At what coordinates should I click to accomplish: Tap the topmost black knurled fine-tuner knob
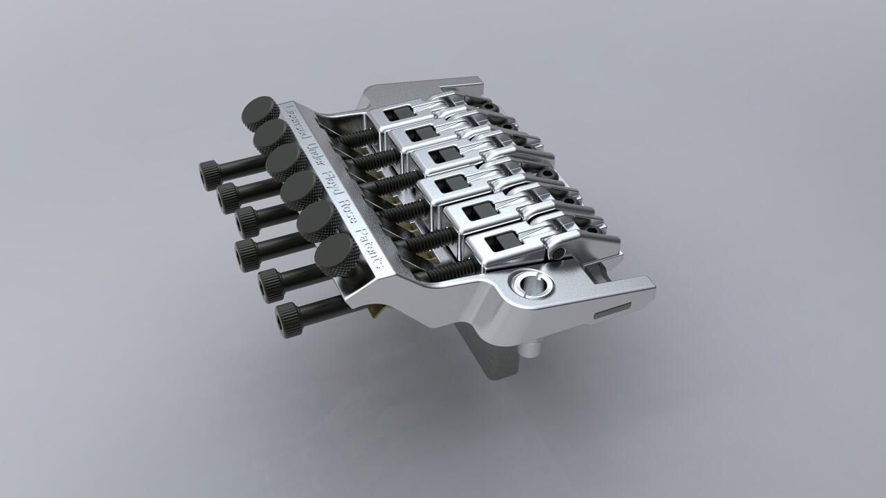258,113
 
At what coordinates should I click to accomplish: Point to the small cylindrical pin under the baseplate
531,350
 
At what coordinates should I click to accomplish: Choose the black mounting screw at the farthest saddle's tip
492,107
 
